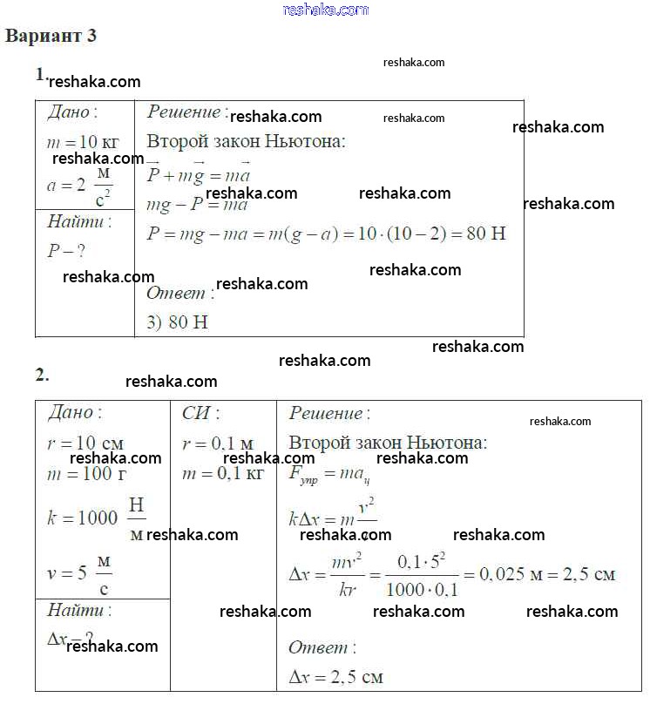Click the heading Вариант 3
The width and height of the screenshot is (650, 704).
(x=51, y=37)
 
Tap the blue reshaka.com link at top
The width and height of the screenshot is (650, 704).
(x=326, y=10)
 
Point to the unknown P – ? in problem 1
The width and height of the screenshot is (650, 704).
(x=66, y=251)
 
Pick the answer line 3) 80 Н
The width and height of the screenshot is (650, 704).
(x=177, y=322)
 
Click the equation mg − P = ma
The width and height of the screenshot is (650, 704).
(x=197, y=206)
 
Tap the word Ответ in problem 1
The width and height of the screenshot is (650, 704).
(x=175, y=294)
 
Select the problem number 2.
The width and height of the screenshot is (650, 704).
(x=42, y=376)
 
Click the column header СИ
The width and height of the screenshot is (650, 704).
(x=200, y=413)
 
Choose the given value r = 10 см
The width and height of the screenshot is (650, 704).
(x=85, y=443)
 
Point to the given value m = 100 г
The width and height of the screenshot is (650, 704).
(x=79, y=474)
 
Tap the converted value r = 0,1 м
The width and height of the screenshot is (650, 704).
(x=217, y=443)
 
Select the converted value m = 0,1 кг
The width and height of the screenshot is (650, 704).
(x=222, y=474)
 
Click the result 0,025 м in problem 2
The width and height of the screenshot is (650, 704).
(x=505, y=574)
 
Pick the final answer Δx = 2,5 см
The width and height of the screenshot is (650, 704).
(x=335, y=676)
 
